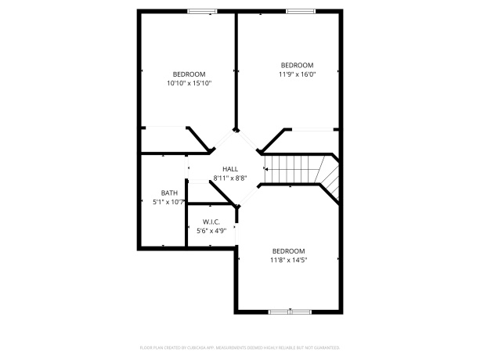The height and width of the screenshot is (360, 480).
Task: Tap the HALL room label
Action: (x=229, y=169)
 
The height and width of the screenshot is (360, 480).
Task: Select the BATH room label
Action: (x=169, y=193)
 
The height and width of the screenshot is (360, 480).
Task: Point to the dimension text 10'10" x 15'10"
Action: (x=189, y=82)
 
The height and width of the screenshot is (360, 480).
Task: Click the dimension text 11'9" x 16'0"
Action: (x=297, y=74)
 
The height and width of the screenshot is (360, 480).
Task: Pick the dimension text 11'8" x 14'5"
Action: (x=289, y=260)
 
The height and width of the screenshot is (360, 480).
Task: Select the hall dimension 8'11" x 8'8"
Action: (x=229, y=178)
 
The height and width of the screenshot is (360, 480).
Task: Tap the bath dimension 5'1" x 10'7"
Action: (x=169, y=202)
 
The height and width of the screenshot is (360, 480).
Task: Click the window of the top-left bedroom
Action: (x=203, y=11)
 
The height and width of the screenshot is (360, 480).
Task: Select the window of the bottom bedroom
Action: (x=290, y=311)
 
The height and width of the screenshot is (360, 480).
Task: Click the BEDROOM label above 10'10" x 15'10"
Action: (x=189, y=74)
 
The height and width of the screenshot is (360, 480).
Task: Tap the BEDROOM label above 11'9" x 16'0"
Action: (x=297, y=65)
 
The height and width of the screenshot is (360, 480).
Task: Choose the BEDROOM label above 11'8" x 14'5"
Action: (x=289, y=250)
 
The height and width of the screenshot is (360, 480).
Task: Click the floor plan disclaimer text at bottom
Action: (x=240, y=346)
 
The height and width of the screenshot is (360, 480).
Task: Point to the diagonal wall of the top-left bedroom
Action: (x=200, y=139)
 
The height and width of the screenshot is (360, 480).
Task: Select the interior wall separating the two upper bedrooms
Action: (x=236, y=70)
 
